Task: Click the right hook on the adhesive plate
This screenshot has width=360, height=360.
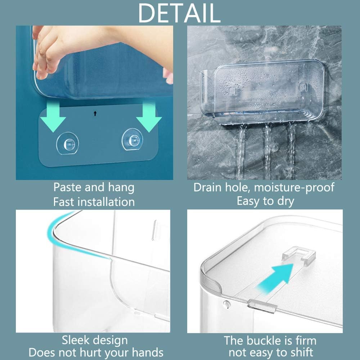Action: point(131,138)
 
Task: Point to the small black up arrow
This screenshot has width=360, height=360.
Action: point(95,113)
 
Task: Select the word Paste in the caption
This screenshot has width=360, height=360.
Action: point(68,188)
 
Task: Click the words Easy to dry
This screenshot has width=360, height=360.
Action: point(265,201)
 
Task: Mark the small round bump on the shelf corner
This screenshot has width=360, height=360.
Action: point(226,305)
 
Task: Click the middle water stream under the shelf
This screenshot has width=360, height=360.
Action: point(267,151)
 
